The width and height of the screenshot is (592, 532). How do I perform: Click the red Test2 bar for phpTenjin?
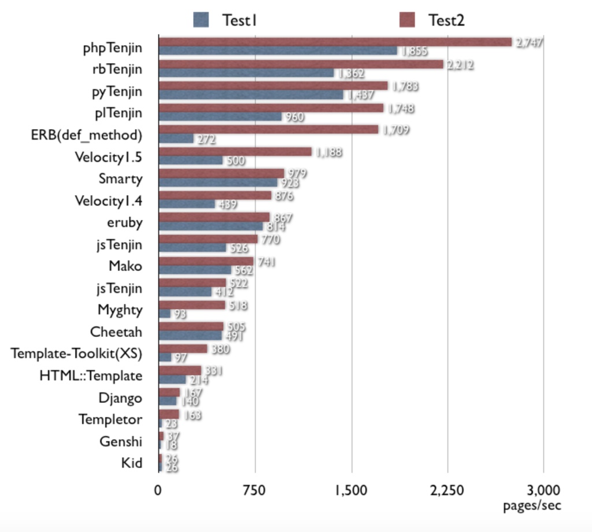[335, 42]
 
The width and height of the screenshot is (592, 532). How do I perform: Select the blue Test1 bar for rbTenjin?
[246, 73]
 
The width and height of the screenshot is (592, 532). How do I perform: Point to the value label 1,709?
[396, 130]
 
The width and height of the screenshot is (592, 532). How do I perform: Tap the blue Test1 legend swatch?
[201, 20]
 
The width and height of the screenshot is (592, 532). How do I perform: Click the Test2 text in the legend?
[446, 20]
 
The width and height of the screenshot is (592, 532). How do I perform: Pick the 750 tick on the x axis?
[255, 491]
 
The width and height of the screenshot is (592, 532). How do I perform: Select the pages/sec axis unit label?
[532, 505]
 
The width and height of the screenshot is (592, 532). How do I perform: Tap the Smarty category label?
[120, 179]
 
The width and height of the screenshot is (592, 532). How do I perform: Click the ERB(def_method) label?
[87, 135]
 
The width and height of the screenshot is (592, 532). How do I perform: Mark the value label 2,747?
[529, 42]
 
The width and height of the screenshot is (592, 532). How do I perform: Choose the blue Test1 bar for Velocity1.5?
[191, 160]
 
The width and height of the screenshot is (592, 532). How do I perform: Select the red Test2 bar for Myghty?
[192, 305]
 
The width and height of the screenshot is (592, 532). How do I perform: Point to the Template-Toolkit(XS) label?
[76, 353]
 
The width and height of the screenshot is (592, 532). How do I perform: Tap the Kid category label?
[132, 463]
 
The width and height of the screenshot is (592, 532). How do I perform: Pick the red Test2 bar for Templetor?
[169, 414]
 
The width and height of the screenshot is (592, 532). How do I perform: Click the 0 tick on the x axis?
[158, 491]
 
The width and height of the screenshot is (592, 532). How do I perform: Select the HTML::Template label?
[91, 376]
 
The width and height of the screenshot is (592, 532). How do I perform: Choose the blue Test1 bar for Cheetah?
[190, 336]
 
